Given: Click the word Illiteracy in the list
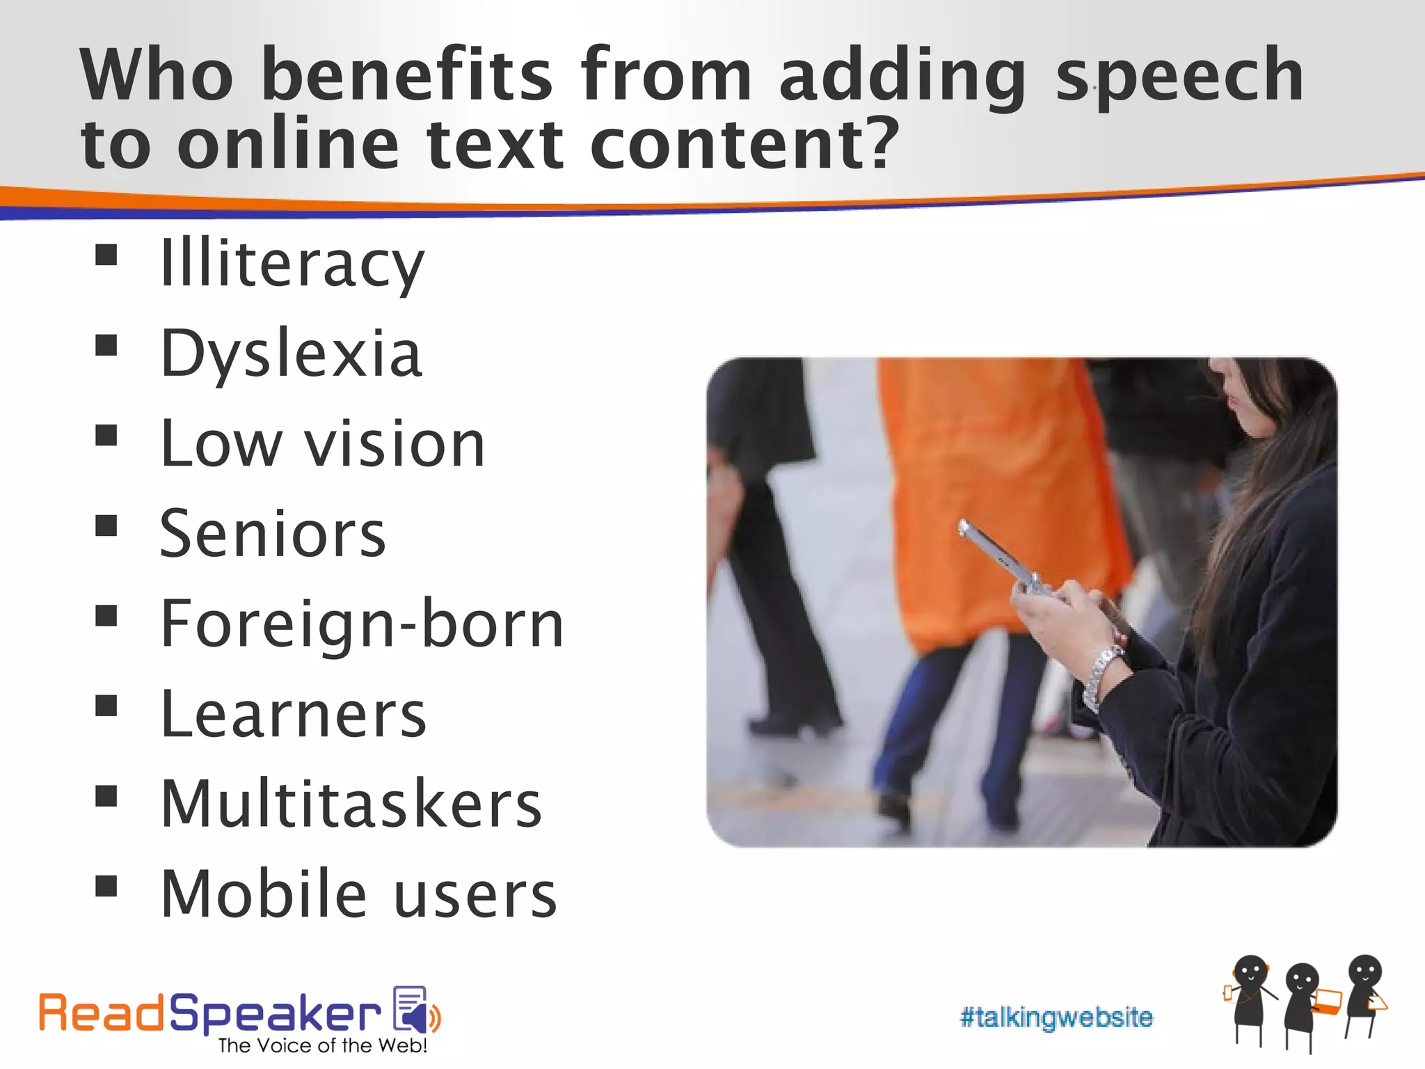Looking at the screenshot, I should tap(292, 264).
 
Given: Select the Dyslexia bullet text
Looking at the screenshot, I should tap(291, 354).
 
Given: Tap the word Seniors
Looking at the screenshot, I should tap(272, 534).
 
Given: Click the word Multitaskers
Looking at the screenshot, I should tap(351, 804).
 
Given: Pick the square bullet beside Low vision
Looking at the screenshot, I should tap(106, 436).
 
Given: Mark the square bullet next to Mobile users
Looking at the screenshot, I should tap(106, 886).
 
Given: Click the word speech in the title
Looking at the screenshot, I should tap(1179, 75).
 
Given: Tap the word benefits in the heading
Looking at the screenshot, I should tap(407, 74).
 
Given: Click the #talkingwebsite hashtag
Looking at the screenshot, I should tap(1056, 1017).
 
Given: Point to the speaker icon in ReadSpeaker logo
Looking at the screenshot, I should tap(416, 1011).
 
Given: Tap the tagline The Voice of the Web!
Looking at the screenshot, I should tap(322, 1045).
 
